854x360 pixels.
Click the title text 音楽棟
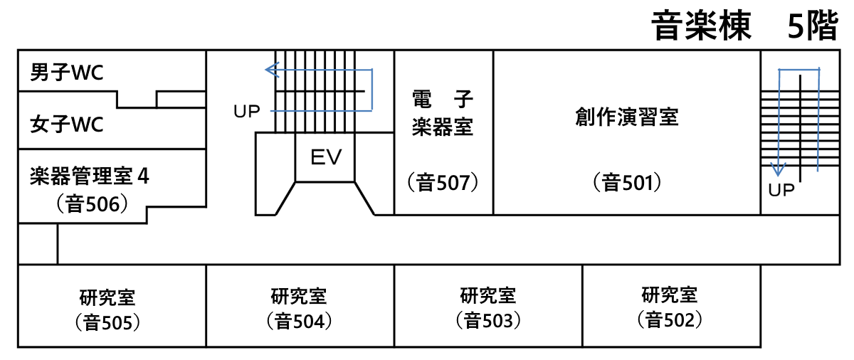[702, 27]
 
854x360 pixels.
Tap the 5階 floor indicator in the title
[812, 27]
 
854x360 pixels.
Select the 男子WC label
[67, 72]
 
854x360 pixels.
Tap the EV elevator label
[327, 157]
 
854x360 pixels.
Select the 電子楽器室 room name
[443, 113]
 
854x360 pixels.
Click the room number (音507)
[443, 183]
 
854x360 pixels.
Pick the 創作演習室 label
[627, 117]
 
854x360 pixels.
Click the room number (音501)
[627, 183]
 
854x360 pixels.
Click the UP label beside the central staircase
[247, 111]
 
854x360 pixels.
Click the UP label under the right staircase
[781, 191]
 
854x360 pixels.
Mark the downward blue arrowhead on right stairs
[778, 170]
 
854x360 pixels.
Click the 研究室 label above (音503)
[488, 295]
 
